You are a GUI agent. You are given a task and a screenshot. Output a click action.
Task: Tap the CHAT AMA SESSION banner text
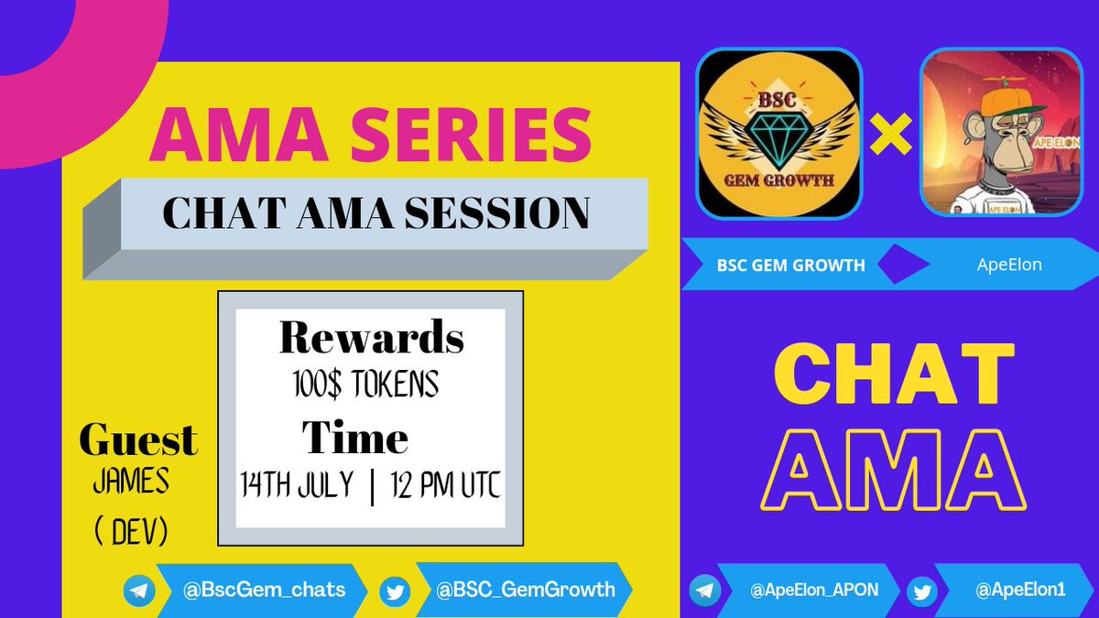(x=375, y=213)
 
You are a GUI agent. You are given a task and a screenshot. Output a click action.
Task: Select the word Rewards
(x=371, y=338)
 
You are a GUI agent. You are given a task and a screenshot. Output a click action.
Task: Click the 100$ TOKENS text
(x=360, y=385)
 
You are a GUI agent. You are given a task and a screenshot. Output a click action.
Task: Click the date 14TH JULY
(x=298, y=484)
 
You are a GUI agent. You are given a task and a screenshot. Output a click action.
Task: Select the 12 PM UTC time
(x=443, y=484)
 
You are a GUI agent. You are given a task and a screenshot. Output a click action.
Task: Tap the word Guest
(x=137, y=440)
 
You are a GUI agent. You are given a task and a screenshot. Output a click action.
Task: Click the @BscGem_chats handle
(x=265, y=590)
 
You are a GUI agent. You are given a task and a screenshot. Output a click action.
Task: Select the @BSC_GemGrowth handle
(x=526, y=590)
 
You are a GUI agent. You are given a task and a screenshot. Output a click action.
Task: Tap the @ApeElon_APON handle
(x=814, y=591)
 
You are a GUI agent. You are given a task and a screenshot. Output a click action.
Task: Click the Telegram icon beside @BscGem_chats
(x=139, y=591)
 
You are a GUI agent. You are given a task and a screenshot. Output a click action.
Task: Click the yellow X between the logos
(x=890, y=136)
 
